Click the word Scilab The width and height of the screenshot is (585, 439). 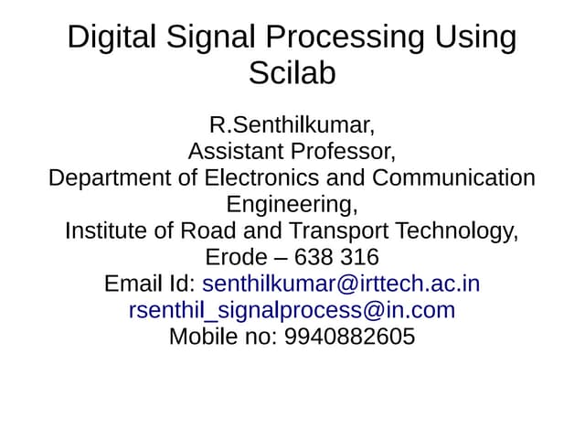(x=292, y=73)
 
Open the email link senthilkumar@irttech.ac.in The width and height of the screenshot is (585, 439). (x=341, y=284)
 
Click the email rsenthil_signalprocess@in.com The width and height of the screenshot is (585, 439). (x=292, y=310)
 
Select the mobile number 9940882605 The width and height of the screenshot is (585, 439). (x=350, y=337)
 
